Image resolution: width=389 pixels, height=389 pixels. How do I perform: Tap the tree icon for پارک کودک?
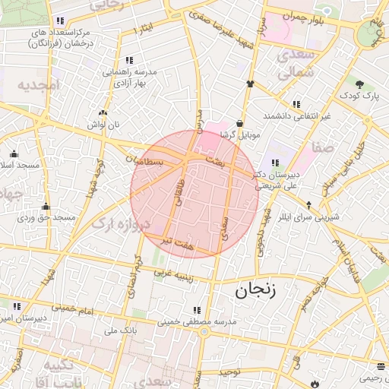tap(359, 84)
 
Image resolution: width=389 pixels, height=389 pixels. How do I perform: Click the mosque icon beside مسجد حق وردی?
tap(46, 206)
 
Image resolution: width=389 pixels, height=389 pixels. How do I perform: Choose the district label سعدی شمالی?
tap(293, 65)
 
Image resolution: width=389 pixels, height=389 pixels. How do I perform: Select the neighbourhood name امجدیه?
tap(38, 85)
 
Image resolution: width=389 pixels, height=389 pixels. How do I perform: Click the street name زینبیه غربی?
tap(181, 273)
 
